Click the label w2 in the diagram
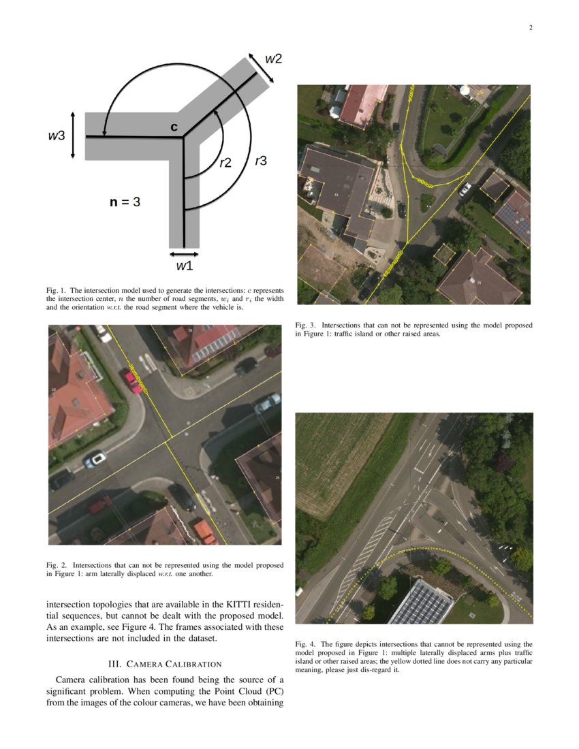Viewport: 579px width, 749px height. click(x=273, y=59)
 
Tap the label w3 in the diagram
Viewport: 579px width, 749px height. click(x=57, y=136)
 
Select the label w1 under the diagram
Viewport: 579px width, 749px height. click(x=184, y=266)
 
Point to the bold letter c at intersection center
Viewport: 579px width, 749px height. click(x=174, y=127)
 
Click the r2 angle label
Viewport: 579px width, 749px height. click(x=225, y=163)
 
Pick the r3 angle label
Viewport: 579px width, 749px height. click(x=260, y=161)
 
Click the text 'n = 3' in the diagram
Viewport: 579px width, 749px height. click(x=125, y=202)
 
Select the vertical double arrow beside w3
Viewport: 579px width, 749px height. click(x=73, y=136)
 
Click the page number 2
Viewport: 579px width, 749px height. click(x=530, y=28)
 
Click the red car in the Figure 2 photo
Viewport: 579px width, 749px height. click(x=131, y=380)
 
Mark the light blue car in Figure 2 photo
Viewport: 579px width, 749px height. click(x=95, y=460)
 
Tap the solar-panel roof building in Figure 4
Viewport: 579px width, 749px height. click(x=420, y=602)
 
